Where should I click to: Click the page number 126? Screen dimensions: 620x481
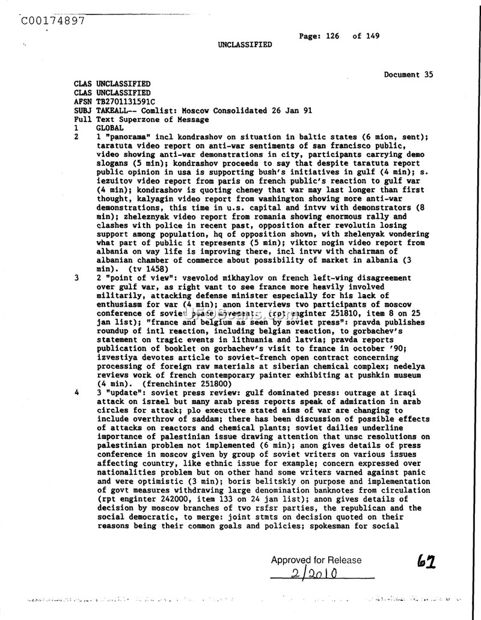332,36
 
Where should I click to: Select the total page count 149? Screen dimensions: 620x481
373,36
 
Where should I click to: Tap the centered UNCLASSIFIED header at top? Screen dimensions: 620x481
245,45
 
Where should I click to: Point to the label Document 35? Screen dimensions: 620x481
408,75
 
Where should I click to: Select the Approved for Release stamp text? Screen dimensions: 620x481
316,560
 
